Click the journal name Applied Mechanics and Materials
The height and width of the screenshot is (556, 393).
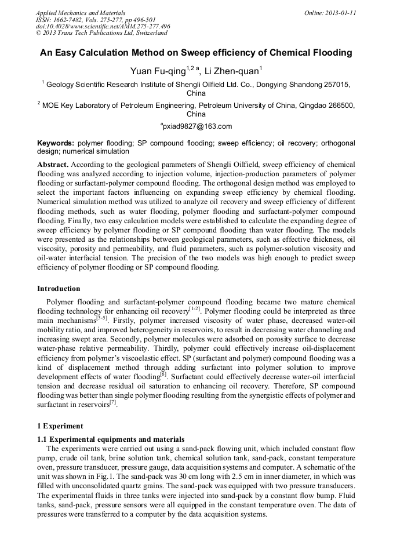pyautogui.click(x=81, y=13)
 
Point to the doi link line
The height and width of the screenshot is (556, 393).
pyautogui.click(x=103, y=27)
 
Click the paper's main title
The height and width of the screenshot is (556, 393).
pyautogui.click(x=196, y=53)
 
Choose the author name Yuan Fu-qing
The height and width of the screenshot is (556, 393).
pyautogui.click(x=158, y=71)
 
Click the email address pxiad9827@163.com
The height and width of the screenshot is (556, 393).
pyautogui.click(x=196, y=126)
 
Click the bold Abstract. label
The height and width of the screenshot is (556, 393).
pyautogui.click(x=53, y=165)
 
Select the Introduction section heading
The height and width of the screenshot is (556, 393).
pyautogui.click(x=59, y=289)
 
